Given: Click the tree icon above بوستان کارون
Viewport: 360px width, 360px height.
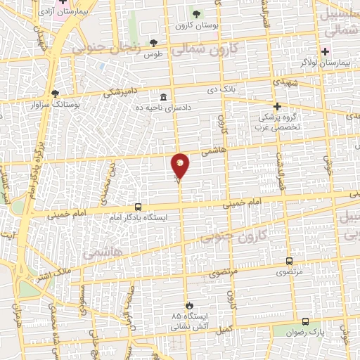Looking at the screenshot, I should [196, 14].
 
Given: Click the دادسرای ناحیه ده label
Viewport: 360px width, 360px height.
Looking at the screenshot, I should [164, 106].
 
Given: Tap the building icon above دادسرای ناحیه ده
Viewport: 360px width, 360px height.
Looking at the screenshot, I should [164, 96].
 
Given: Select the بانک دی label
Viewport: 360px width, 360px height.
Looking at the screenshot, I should [219, 90].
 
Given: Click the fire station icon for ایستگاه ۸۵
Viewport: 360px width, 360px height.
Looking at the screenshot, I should [188, 305].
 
